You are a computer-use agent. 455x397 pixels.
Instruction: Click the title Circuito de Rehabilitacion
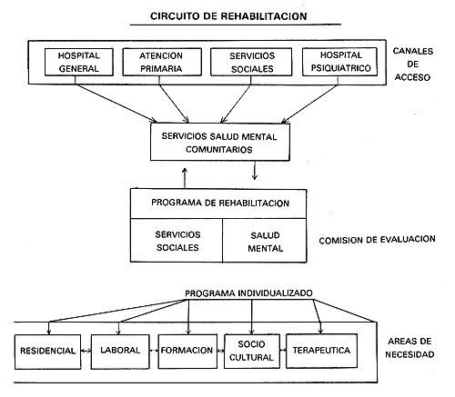[228, 16]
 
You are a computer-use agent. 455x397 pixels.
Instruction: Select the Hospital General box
[79, 62]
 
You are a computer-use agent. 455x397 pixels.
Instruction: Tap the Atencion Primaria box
[162, 62]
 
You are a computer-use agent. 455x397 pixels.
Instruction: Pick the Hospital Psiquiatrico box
[339, 62]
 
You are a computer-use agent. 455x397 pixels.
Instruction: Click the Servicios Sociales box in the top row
[251, 62]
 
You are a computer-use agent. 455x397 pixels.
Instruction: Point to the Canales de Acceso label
[412, 65]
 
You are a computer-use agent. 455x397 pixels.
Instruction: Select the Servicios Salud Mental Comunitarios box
[220, 142]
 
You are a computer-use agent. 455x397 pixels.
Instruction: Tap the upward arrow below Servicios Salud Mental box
[185, 178]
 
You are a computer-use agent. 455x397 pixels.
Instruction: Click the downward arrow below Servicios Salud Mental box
[255, 171]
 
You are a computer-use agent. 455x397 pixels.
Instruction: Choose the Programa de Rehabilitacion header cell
[218, 203]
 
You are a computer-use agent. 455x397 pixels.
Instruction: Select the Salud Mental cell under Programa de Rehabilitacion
[265, 241]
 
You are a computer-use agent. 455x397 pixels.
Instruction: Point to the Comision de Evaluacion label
[377, 240]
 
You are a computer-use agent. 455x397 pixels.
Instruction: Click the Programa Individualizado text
[248, 293]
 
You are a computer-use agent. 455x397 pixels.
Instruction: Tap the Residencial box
[47, 352]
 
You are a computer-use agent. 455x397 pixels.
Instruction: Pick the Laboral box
[120, 352]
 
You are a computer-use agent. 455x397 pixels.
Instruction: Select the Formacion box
[187, 351]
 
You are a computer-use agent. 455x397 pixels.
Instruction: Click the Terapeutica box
[321, 351]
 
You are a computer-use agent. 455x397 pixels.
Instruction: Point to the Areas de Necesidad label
[409, 348]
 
